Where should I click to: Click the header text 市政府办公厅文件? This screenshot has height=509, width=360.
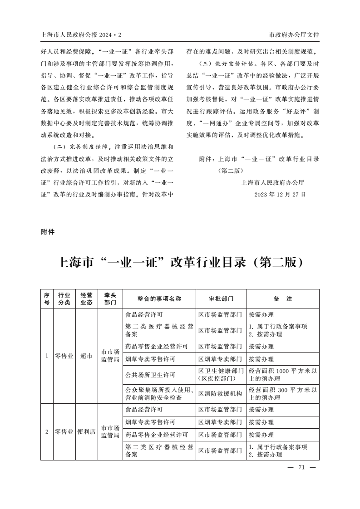tap(294, 35)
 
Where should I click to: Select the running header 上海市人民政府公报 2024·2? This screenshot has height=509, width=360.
tap(81, 35)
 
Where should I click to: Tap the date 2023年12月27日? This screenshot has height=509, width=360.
tap(280, 194)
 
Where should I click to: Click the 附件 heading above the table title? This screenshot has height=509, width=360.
tap(48, 232)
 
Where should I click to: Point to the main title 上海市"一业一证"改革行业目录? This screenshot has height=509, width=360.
tap(180, 263)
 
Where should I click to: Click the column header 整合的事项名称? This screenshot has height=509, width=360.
tap(159, 299)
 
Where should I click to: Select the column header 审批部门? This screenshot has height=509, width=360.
tap(221, 299)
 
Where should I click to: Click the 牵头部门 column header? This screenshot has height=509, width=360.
tap(110, 299)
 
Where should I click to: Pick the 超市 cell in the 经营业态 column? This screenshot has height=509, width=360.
tap(86, 356)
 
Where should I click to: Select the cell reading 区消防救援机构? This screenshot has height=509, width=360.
tap(220, 394)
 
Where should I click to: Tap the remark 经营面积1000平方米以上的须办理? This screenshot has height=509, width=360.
tap(282, 375)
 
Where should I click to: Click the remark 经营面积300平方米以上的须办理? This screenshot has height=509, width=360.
tap(282, 394)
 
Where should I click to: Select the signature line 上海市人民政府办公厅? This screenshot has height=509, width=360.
tap(273, 183)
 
